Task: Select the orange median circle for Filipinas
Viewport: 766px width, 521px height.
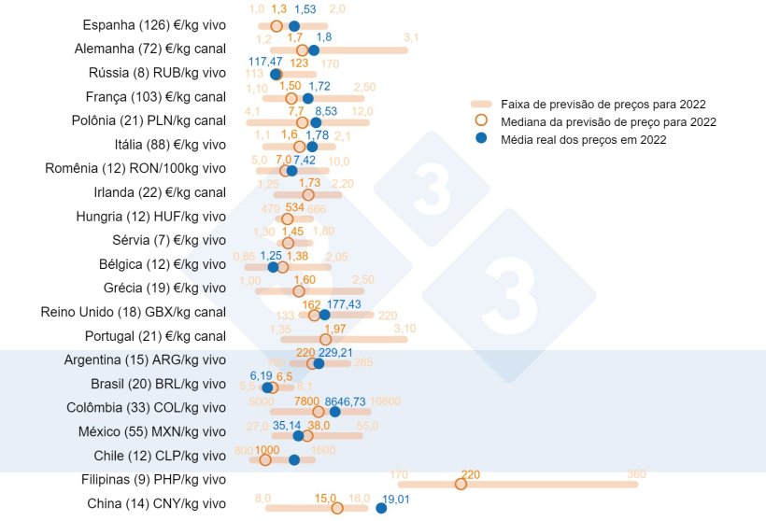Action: click(461, 484)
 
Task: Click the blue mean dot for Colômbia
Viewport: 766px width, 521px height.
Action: click(334, 411)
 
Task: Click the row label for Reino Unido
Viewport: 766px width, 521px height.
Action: click(148, 313)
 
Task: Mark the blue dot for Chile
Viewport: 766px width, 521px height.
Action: click(294, 459)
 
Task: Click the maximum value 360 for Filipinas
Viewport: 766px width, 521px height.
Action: click(637, 474)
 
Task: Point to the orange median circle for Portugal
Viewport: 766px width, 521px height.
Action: click(325, 339)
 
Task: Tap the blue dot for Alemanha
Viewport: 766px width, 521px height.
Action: click(314, 50)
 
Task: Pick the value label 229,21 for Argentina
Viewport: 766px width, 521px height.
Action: click(336, 352)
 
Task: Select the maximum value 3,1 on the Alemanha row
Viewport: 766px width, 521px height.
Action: click(411, 38)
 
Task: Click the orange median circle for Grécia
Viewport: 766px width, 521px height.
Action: click(299, 290)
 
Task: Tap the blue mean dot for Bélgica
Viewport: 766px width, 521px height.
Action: click(273, 267)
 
